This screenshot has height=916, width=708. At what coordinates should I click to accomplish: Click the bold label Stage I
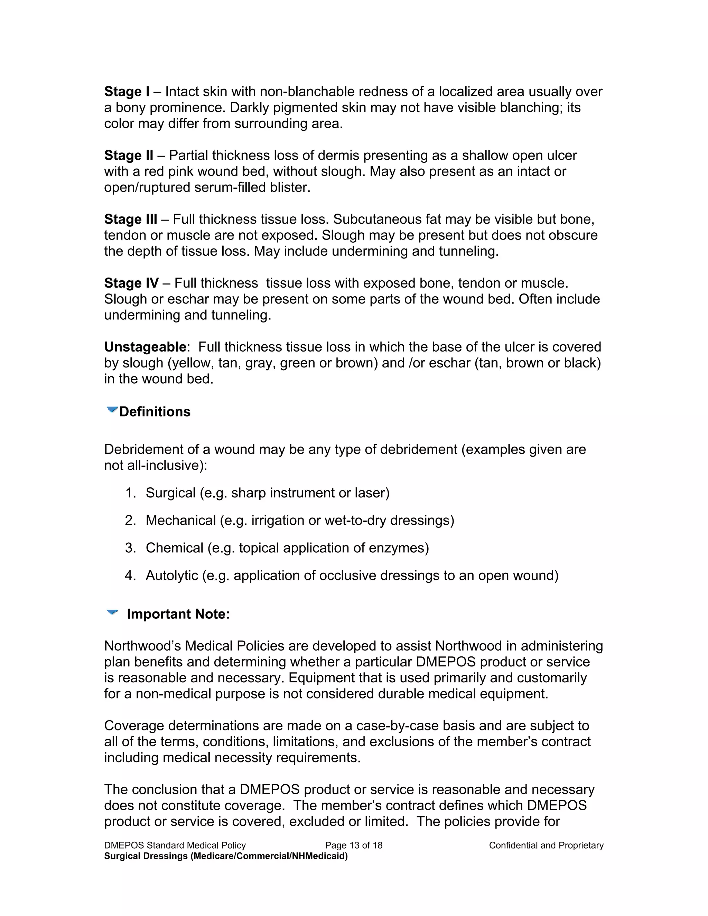[x=126, y=92]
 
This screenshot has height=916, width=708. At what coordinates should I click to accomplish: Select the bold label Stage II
[x=128, y=155]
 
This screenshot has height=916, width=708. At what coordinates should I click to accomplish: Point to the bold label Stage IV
[x=131, y=283]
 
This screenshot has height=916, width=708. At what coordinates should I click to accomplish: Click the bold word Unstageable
[x=145, y=347]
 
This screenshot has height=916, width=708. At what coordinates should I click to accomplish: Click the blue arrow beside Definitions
[x=112, y=410]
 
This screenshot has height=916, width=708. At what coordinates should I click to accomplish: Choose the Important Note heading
[x=178, y=614]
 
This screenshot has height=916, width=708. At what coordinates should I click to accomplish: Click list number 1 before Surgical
[x=130, y=493]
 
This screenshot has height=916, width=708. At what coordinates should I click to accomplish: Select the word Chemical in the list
[x=174, y=548]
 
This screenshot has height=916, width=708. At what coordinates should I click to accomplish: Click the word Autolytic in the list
[x=171, y=576]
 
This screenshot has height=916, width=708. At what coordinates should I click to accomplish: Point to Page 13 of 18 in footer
[x=354, y=845]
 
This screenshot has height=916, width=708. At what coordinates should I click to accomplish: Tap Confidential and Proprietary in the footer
[x=546, y=845]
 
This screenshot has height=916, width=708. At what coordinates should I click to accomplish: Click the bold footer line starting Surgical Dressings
[x=226, y=856]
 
